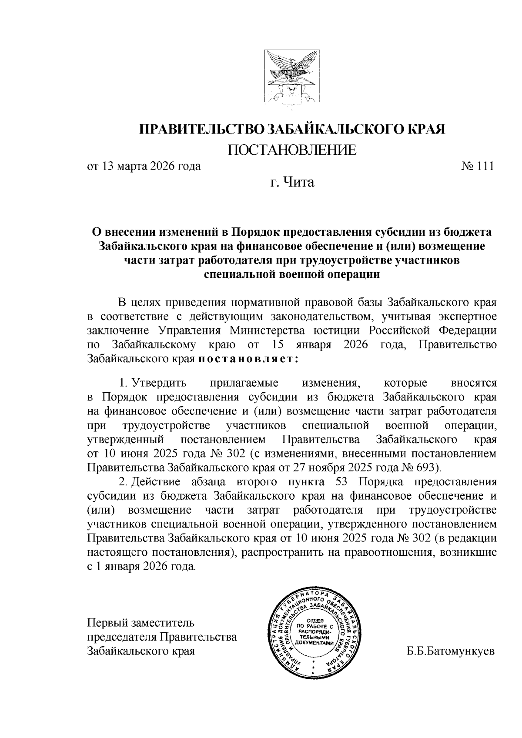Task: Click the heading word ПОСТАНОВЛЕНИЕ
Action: (292, 150)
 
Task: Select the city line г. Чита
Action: (292, 182)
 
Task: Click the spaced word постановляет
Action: (248, 360)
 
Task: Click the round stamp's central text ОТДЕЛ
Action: (315, 620)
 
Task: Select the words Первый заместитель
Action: (139, 623)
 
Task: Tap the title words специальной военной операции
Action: (292, 274)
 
